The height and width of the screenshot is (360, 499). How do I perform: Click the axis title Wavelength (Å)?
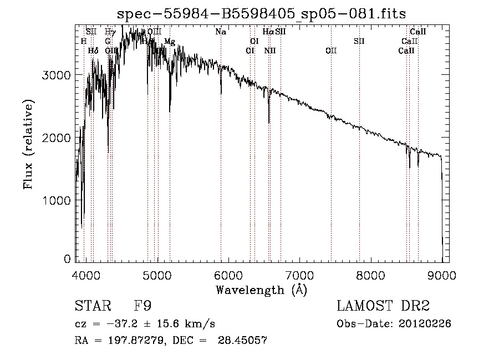click(x=261, y=290)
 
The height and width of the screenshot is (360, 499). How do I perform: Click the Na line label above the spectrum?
click(x=221, y=32)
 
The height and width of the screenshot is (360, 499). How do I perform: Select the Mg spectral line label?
click(x=170, y=42)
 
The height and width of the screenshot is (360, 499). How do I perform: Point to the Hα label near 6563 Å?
click(x=268, y=32)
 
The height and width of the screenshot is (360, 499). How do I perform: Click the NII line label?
click(x=270, y=50)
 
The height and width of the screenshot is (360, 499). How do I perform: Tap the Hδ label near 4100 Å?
click(x=93, y=50)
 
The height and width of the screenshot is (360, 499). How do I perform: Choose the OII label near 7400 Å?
click(x=331, y=50)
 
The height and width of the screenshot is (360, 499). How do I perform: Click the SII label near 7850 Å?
click(x=359, y=42)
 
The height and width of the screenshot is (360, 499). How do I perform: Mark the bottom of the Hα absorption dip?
click(x=269, y=123)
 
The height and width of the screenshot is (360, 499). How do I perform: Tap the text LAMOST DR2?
click(x=383, y=306)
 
